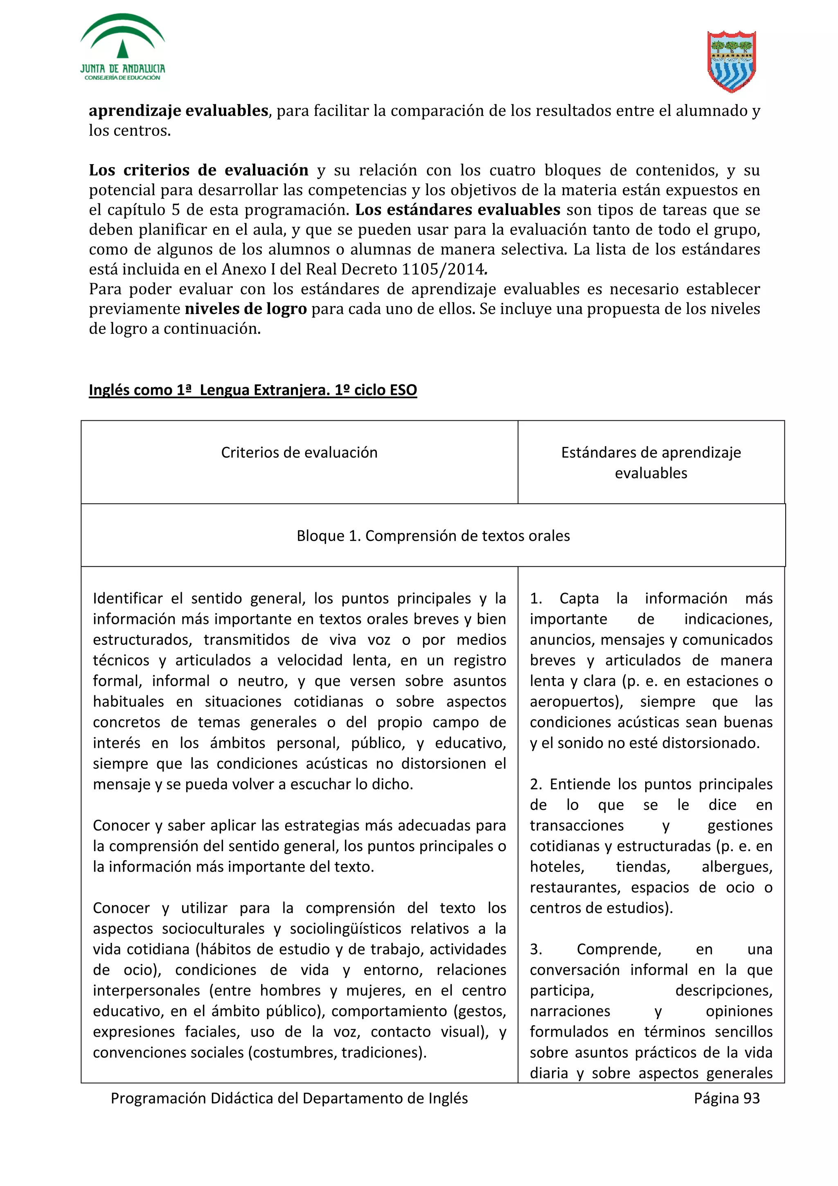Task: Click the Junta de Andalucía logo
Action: click(122, 47)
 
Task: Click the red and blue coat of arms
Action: click(731, 61)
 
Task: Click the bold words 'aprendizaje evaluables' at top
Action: click(178, 110)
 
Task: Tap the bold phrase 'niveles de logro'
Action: click(246, 309)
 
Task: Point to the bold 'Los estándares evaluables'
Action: click(457, 210)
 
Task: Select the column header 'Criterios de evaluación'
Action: click(299, 453)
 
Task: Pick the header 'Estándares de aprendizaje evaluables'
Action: click(651, 462)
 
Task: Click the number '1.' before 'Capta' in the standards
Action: click(536, 598)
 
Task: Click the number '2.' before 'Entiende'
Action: click(536, 784)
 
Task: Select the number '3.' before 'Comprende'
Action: click(536, 949)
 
